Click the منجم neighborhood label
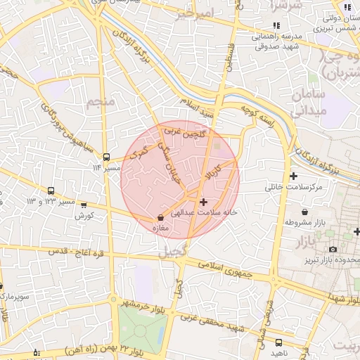101,103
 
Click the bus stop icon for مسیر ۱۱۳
106,157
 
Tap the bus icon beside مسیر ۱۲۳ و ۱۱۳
51,191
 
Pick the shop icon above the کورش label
84,205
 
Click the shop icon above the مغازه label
162,217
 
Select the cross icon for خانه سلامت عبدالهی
204,201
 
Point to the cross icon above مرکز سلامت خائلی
293,176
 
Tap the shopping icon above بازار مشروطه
304,212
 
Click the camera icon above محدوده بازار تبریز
333,249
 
